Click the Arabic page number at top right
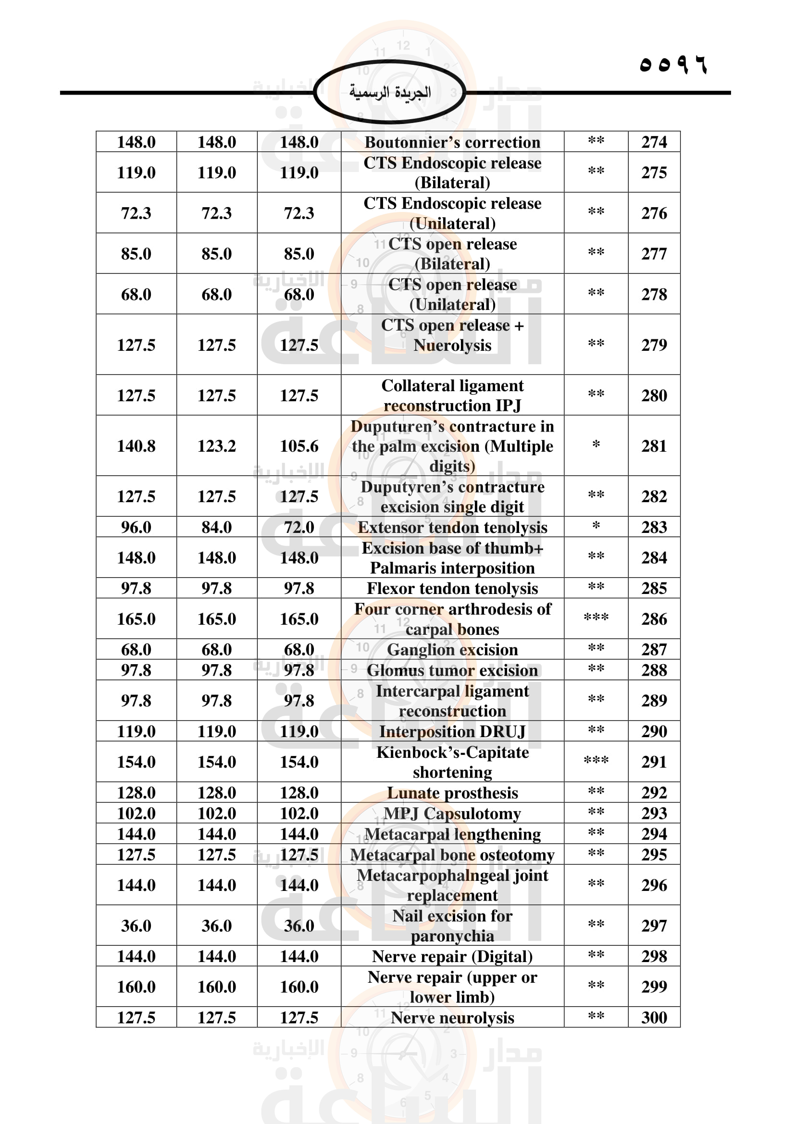click(x=673, y=64)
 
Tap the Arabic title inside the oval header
click(x=390, y=92)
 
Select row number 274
click(x=654, y=142)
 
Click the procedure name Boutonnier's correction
click(x=452, y=142)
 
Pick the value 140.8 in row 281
click(x=136, y=446)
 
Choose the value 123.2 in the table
click(x=216, y=446)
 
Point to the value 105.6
click(x=299, y=446)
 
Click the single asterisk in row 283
click(x=596, y=527)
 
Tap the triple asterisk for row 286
click(x=596, y=618)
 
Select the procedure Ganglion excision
click(x=452, y=650)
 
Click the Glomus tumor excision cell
click(x=452, y=670)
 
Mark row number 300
click(x=654, y=1018)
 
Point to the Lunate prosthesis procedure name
click(x=452, y=792)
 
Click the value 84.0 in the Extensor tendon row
click(x=216, y=527)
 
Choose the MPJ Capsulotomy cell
click(x=452, y=813)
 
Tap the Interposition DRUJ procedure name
click(x=452, y=731)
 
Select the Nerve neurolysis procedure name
click(x=452, y=1018)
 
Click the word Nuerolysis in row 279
click(x=452, y=346)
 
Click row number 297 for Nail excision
click(x=654, y=926)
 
